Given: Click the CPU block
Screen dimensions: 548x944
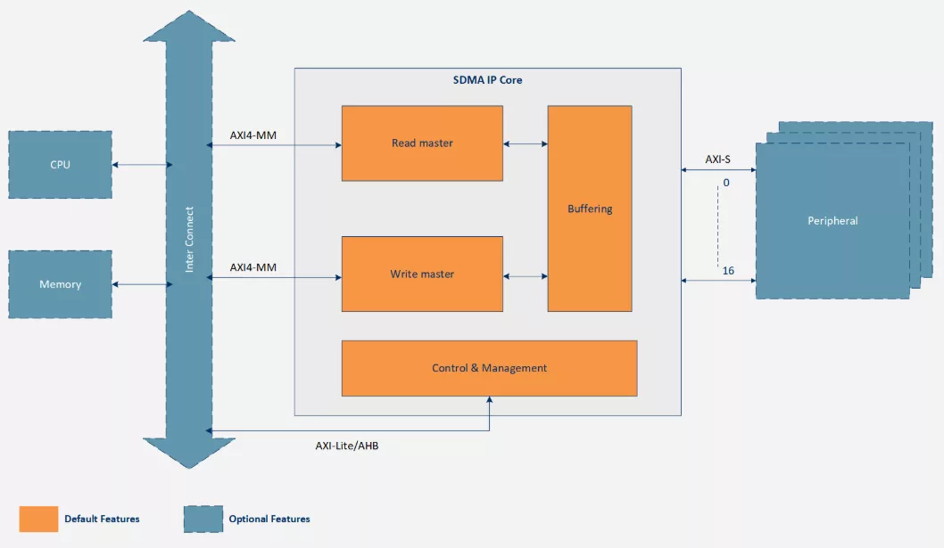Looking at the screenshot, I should (x=60, y=165).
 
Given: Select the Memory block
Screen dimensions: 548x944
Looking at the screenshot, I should (x=60, y=284).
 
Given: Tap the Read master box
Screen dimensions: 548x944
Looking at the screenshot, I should (x=422, y=143).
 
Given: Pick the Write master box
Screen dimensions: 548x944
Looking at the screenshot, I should (x=422, y=274).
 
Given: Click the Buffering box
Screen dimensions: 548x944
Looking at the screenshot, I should (x=590, y=209).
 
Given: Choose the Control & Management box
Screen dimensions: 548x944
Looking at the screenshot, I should (x=489, y=368).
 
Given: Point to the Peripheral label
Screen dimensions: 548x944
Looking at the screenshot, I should (x=832, y=221).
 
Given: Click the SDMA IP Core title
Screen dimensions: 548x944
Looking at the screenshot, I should (x=487, y=80).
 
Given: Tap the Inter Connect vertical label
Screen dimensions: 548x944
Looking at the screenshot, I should (x=189, y=241).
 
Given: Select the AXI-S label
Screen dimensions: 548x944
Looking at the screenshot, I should (x=718, y=159).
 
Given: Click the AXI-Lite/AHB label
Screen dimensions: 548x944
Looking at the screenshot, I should (x=353, y=446).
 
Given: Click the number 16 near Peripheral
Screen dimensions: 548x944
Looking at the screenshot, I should (x=728, y=270).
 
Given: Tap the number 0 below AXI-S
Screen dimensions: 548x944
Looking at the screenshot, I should (x=725, y=183).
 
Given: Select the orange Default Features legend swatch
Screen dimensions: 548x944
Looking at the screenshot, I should (x=38, y=519).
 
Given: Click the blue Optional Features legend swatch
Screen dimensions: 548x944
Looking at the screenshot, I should (x=203, y=519).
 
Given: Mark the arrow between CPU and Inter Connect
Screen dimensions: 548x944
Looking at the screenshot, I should (x=142, y=165).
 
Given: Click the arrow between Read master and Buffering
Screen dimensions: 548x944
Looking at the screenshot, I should (x=525, y=143).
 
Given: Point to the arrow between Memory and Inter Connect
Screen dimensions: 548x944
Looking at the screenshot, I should (x=142, y=284).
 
